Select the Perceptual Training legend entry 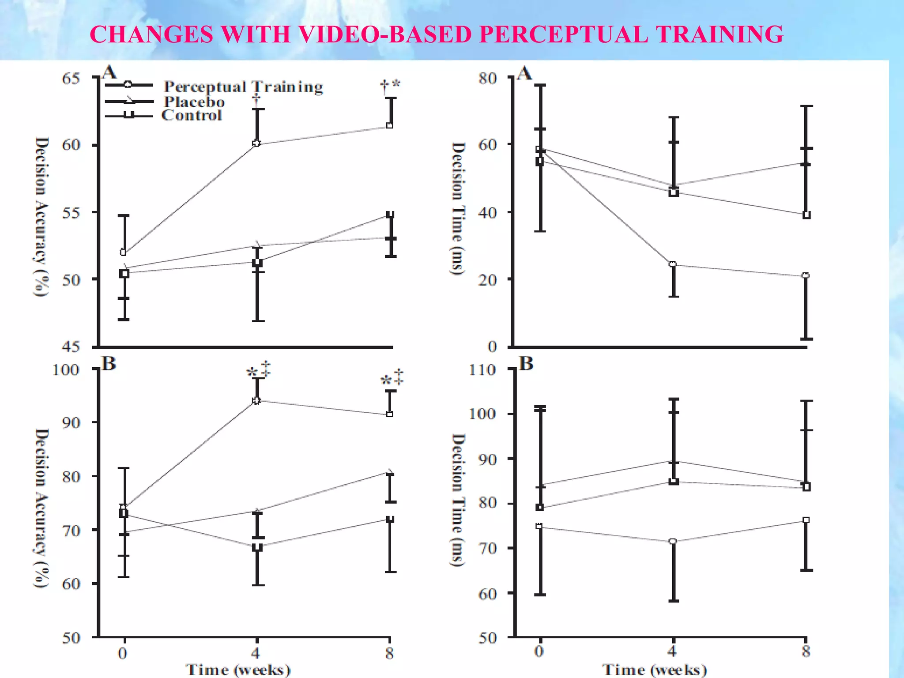pyautogui.click(x=243, y=87)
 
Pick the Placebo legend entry pyautogui.click(x=194, y=102)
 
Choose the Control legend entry pyautogui.click(x=192, y=116)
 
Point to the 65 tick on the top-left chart pyautogui.click(x=71, y=79)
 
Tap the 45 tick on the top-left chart pyautogui.click(x=71, y=347)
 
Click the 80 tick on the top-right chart pyautogui.click(x=487, y=79)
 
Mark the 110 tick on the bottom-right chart pyautogui.click(x=482, y=370)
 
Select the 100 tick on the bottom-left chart pyautogui.click(x=66, y=370)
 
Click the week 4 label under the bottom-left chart pyautogui.click(x=256, y=652)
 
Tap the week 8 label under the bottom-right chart pyautogui.click(x=806, y=652)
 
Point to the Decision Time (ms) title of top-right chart pyautogui.click(x=458, y=208)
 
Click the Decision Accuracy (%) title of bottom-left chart pyautogui.click(x=41, y=508)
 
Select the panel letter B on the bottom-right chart pyautogui.click(x=526, y=364)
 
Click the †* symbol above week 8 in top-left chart pyautogui.click(x=390, y=85)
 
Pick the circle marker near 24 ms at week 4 pyautogui.click(x=673, y=264)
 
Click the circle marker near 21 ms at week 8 pyautogui.click(x=806, y=275)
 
